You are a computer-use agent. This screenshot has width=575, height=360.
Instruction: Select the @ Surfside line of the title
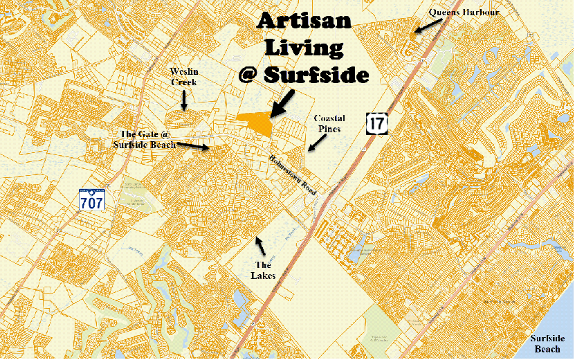click(x=302, y=73)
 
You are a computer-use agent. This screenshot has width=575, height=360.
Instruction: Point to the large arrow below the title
click(x=282, y=103)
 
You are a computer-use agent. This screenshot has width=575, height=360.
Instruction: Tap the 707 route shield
click(x=91, y=201)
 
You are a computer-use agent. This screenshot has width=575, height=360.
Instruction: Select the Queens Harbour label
click(x=464, y=12)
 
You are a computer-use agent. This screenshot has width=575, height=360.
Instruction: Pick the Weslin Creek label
click(x=184, y=77)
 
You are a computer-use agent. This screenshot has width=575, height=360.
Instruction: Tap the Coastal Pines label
click(x=329, y=123)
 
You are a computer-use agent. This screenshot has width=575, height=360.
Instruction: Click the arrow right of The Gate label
click(x=193, y=145)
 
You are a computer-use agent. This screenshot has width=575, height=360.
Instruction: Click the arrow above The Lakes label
click(x=260, y=244)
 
